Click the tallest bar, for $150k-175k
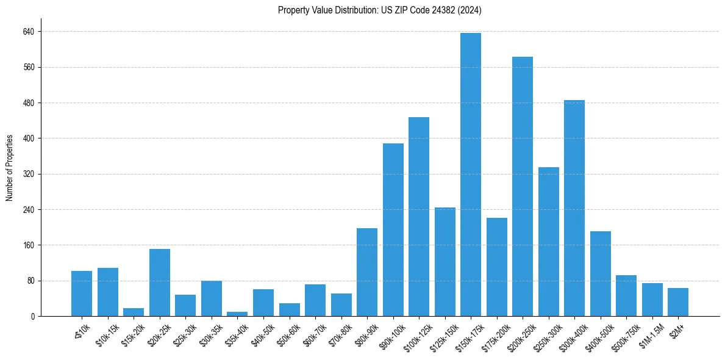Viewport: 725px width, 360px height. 470,175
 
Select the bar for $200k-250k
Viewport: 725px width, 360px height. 522,186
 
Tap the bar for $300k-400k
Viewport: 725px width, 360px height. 574,208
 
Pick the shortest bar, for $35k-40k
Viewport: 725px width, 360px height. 237,314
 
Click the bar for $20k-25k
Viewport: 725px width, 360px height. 160,283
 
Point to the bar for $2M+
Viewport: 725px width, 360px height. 677,302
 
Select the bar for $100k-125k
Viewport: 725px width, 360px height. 418,217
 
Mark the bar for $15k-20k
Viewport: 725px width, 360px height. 134,312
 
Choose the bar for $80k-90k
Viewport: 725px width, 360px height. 366,272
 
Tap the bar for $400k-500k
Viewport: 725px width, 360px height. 600,273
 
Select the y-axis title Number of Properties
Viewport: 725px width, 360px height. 10,168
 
